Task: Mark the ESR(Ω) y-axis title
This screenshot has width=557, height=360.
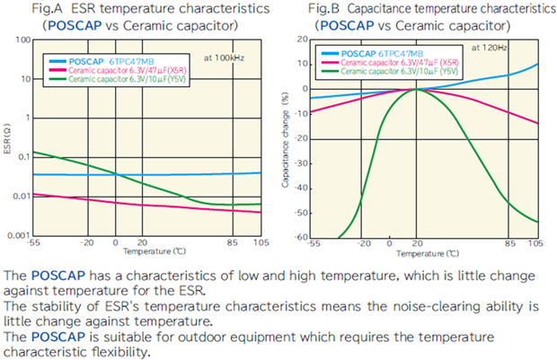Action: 8,137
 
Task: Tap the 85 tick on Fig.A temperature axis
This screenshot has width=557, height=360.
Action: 232,244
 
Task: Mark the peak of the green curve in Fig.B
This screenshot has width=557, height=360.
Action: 416,89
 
